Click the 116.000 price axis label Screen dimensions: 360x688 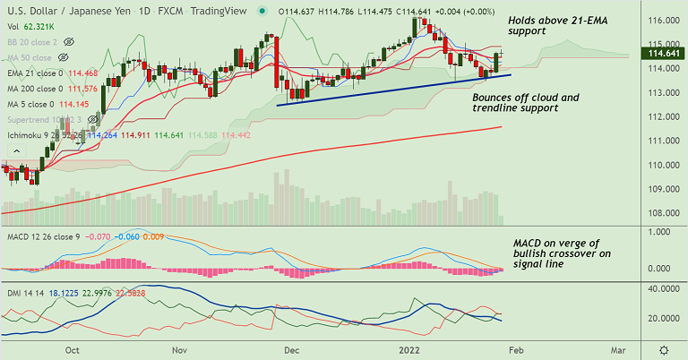point(662,20)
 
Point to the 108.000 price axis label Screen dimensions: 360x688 point(662,213)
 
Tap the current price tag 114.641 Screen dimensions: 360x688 point(662,54)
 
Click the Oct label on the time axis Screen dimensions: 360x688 point(73,350)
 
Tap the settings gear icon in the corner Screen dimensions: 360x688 point(663,349)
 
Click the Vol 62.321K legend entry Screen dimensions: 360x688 point(30,28)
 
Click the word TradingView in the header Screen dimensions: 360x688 point(219,11)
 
